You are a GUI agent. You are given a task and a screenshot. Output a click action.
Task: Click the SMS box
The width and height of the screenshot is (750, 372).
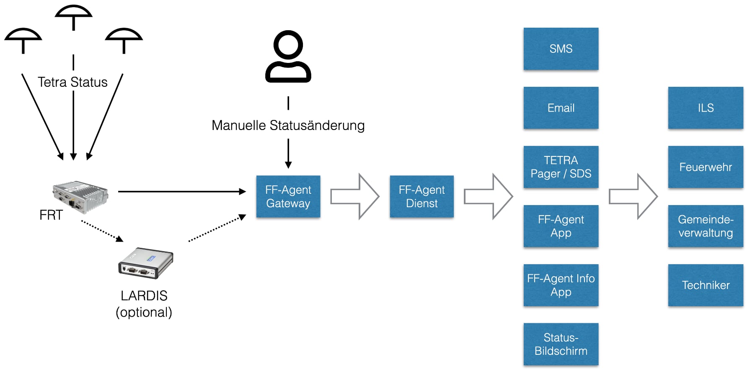click(561, 49)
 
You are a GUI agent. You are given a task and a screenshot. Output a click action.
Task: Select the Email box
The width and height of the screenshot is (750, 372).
click(561, 108)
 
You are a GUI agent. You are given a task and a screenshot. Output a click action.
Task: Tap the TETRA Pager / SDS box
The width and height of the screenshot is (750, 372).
click(561, 167)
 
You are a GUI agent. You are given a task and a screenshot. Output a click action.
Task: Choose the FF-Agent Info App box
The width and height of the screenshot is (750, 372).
click(561, 285)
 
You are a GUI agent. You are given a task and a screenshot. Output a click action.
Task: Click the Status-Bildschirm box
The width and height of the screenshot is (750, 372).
click(561, 344)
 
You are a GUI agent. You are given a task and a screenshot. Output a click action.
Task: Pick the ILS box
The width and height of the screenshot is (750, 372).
click(706, 108)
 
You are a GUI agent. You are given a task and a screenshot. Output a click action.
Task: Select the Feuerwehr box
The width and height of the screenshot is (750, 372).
click(706, 167)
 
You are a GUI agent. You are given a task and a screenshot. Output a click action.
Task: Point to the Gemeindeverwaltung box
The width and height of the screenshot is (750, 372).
click(706, 226)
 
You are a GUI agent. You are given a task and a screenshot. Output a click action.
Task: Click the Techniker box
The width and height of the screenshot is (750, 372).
click(706, 285)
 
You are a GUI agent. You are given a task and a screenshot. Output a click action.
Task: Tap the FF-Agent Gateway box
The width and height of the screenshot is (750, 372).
click(288, 196)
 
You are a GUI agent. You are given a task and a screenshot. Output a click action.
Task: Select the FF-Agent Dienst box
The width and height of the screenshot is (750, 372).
click(422, 196)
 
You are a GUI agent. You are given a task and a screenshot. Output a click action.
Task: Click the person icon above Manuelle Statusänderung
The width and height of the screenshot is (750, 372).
click(288, 56)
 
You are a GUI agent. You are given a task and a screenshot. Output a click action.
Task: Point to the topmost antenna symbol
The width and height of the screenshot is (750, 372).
click(73, 17)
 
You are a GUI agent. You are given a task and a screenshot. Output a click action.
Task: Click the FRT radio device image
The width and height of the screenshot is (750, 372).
click(80, 195)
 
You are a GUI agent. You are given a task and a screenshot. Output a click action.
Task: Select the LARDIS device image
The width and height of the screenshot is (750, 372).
click(146, 263)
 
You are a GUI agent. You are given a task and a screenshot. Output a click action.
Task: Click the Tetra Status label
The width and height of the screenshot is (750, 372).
click(72, 82)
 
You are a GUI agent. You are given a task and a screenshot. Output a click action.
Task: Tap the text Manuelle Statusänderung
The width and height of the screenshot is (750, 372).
click(288, 125)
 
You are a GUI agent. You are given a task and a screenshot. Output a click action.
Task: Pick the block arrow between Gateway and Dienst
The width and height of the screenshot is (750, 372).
click(354, 196)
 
